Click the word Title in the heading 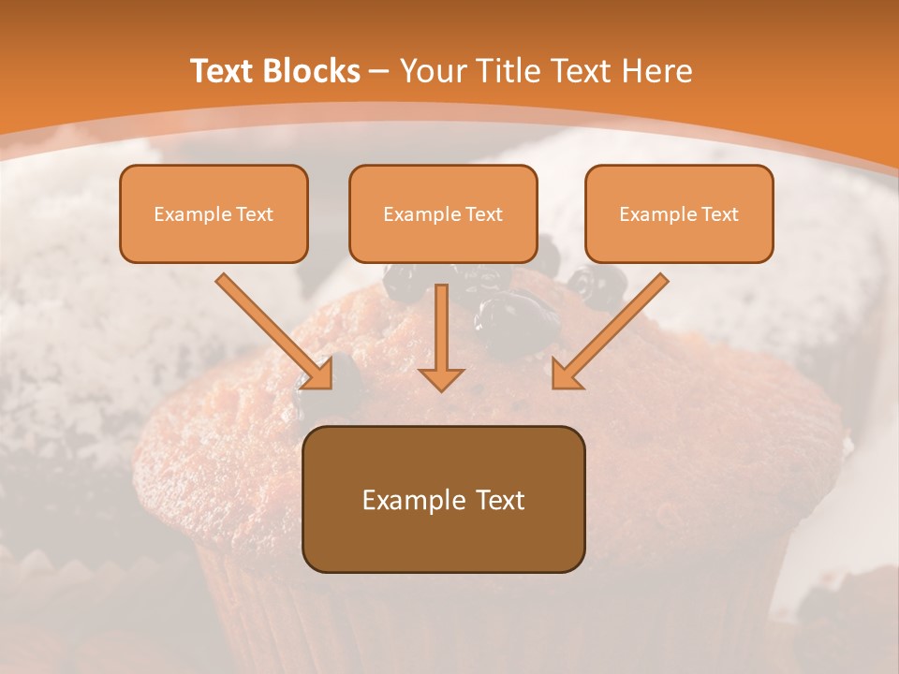(x=510, y=71)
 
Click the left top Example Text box (x=214, y=213)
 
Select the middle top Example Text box (x=443, y=213)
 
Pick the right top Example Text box (x=679, y=213)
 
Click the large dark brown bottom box (x=443, y=499)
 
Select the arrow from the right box (x=613, y=328)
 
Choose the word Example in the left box (x=187, y=214)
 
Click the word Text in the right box (x=719, y=214)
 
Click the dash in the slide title (x=379, y=71)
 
